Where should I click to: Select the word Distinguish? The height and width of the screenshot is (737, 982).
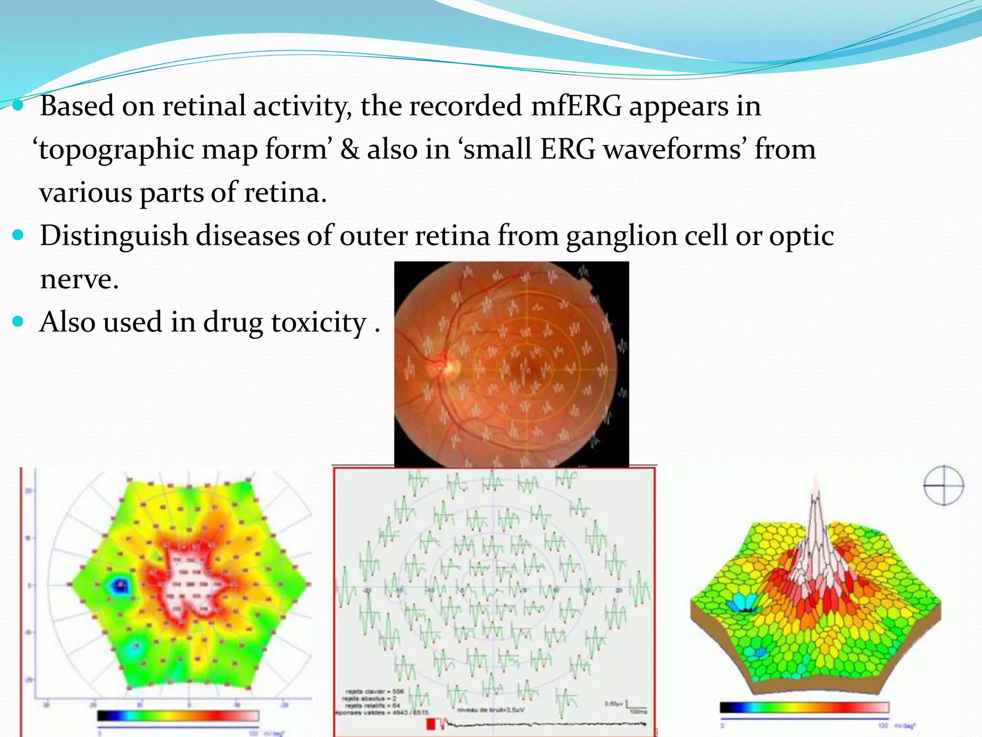point(114,236)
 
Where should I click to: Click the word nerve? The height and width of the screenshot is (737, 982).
point(79,279)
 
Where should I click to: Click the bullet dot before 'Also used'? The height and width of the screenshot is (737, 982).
point(18,321)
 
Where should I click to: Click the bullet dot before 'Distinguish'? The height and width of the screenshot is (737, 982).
point(18,235)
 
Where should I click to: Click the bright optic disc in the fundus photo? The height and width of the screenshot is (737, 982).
point(449,367)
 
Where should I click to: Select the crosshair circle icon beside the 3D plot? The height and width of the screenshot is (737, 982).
point(943,485)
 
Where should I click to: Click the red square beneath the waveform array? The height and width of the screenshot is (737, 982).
point(431,723)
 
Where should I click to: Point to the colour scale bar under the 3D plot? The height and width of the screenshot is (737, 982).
point(804,707)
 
